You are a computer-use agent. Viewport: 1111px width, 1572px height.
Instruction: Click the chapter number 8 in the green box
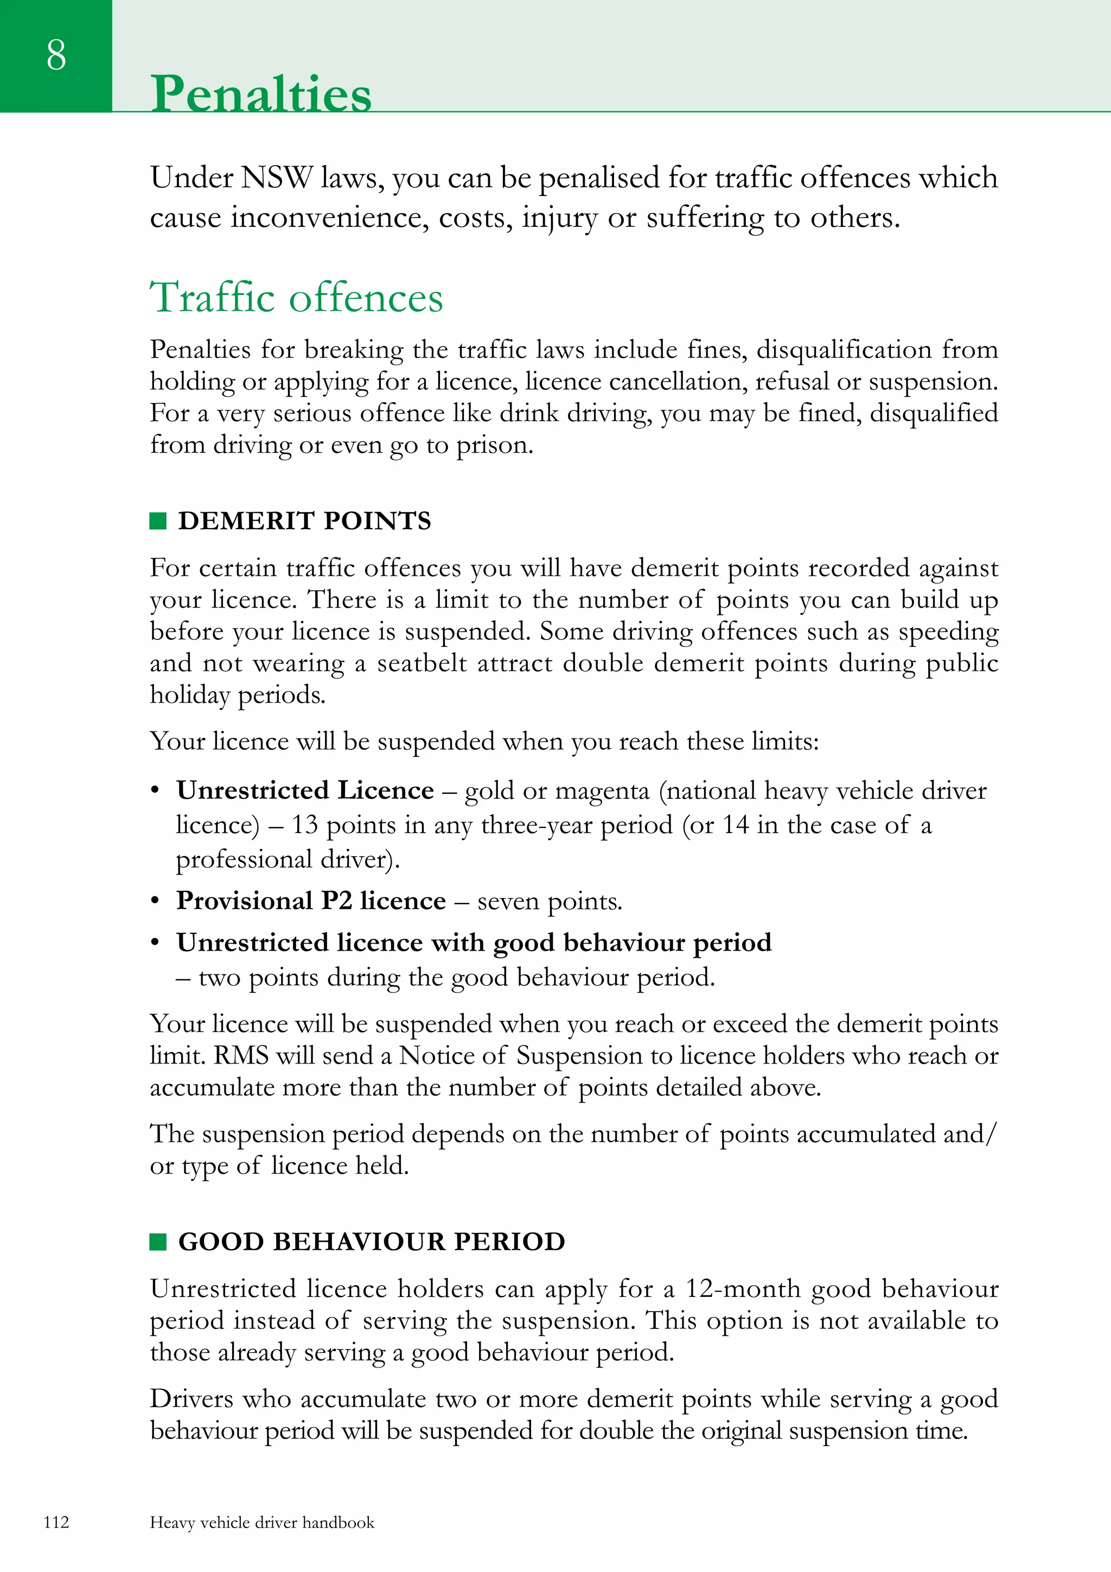point(56,55)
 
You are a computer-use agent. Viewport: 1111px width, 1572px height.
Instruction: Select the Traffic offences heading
point(296,297)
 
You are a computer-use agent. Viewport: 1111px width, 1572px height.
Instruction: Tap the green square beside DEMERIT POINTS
point(158,521)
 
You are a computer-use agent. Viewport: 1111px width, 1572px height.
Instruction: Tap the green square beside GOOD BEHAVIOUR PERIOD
point(158,1242)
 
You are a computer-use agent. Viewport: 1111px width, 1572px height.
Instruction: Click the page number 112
point(56,1522)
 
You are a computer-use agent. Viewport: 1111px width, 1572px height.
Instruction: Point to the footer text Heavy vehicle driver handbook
point(262,1522)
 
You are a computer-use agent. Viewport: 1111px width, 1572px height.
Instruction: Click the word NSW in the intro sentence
point(276,178)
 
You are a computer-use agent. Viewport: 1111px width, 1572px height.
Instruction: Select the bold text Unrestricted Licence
point(305,791)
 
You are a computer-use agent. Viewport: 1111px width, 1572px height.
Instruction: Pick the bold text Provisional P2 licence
point(311,901)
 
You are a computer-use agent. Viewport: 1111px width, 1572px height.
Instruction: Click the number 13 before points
point(305,825)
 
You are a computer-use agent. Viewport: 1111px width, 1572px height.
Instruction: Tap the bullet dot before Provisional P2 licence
point(155,901)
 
